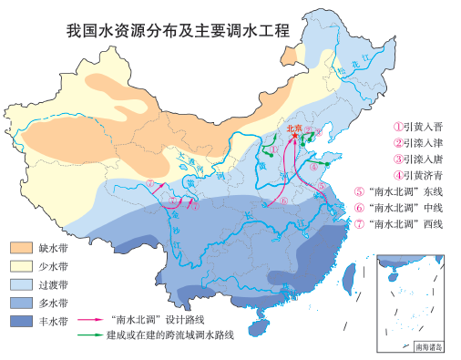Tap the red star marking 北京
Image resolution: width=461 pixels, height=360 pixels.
coord(293,137)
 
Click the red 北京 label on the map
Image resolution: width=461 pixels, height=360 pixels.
coord(293,128)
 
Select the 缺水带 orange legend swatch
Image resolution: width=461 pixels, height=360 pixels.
coord(21,247)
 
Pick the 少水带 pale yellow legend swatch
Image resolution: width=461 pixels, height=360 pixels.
coord(21,265)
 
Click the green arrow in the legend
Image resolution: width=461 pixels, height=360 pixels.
coord(88,335)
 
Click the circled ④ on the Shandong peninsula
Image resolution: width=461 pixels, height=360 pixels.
coord(318,165)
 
